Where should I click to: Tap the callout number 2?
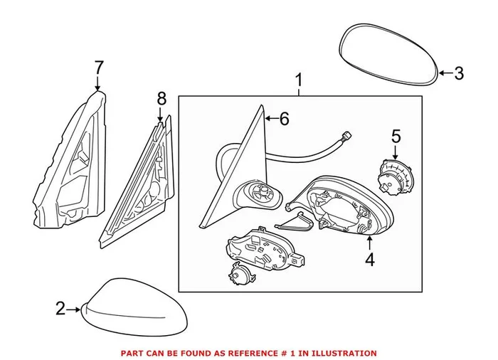[x=60, y=308]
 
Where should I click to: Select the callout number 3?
[x=459, y=73]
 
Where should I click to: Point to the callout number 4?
[x=369, y=260]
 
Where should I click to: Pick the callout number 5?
[x=396, y=134]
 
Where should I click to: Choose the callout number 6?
[x=284, y=119]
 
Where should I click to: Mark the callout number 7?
[x=98, y=68]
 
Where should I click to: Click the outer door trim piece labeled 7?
[x=68, y=171]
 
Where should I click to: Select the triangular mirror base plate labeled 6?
[x=235, y=178]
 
